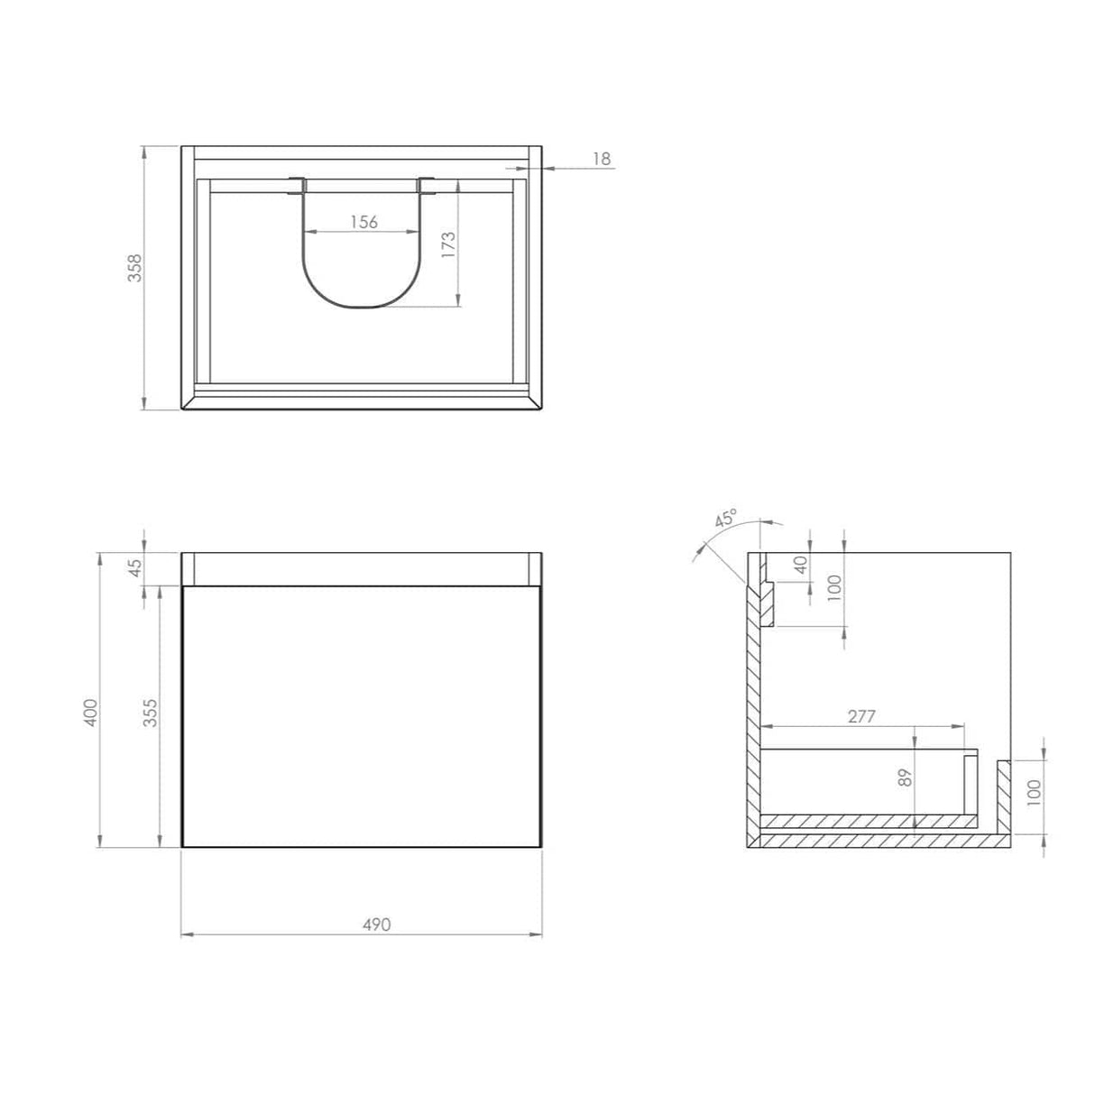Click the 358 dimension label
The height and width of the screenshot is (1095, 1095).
[134, 269]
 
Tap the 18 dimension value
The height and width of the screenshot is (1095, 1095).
[602, 160]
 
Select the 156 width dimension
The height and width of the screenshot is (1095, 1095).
[363, 222]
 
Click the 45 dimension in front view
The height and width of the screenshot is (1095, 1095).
[135, 568]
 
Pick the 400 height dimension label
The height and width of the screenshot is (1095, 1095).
[88, 715]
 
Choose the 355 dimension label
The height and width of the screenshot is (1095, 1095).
[150, 715]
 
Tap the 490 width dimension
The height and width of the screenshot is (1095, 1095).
[376, 925]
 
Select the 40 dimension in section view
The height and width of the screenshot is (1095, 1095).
[799, 566]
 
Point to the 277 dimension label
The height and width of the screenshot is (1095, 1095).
[862, 717]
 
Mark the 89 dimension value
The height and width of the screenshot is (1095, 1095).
[907, 777]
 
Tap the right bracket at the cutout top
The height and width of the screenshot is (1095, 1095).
[428, 187]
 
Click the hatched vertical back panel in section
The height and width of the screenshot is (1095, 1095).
[754, 704]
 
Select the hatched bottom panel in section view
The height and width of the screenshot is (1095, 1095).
[879, 841]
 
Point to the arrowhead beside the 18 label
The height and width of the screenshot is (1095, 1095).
[550, 168]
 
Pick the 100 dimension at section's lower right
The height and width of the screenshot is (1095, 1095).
[1034, 793]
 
